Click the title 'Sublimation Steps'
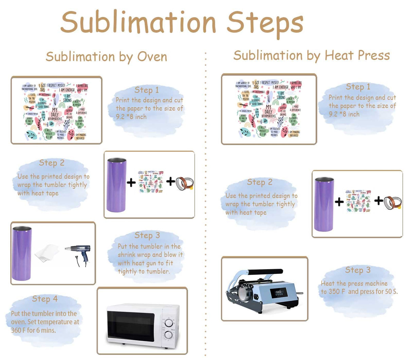[182, 22]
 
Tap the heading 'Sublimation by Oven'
[106, 57]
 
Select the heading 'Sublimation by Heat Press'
[312, 55]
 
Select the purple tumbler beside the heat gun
[22, 253]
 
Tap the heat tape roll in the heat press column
[393, 202]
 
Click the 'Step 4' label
[45, 299]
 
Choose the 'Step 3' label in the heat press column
[358, 270]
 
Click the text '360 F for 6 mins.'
[33, 330]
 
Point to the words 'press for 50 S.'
[378, 292]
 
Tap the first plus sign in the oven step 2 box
[131, 183]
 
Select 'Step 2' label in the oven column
[52, 163]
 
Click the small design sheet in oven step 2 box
[150, 182]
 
